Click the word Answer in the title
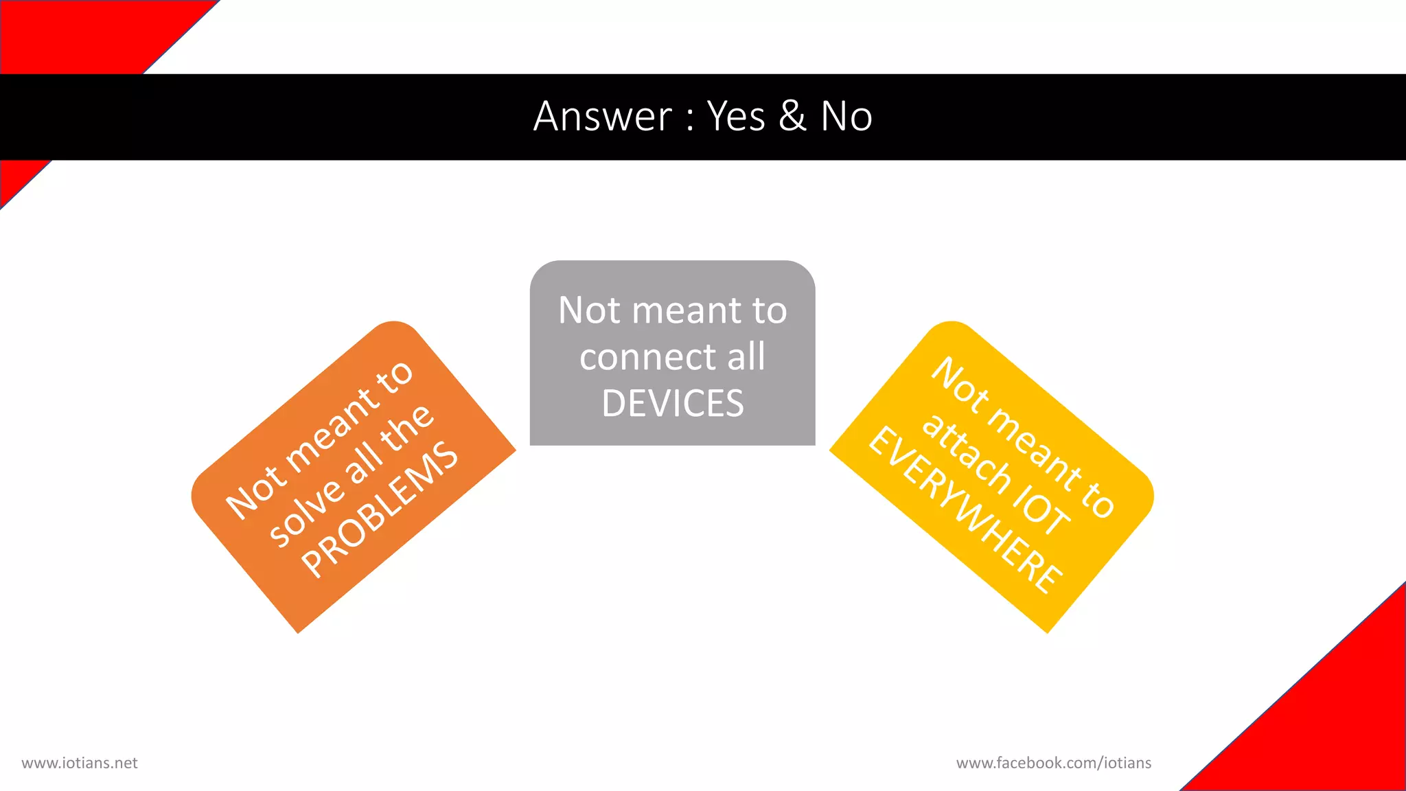click(603, 116)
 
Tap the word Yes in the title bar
click(736, 116)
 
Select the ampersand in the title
click(792, 116)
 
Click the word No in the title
click(846, 116)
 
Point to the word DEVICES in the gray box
click(673, 403)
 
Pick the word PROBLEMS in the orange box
click(380, 509)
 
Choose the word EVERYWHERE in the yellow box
click(965, 509)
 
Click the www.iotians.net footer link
click(80, 763)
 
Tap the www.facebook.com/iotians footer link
click(1053, 763)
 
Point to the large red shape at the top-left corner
click(76, 34)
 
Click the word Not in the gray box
click(589, 310)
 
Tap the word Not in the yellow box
click(960, 387)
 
